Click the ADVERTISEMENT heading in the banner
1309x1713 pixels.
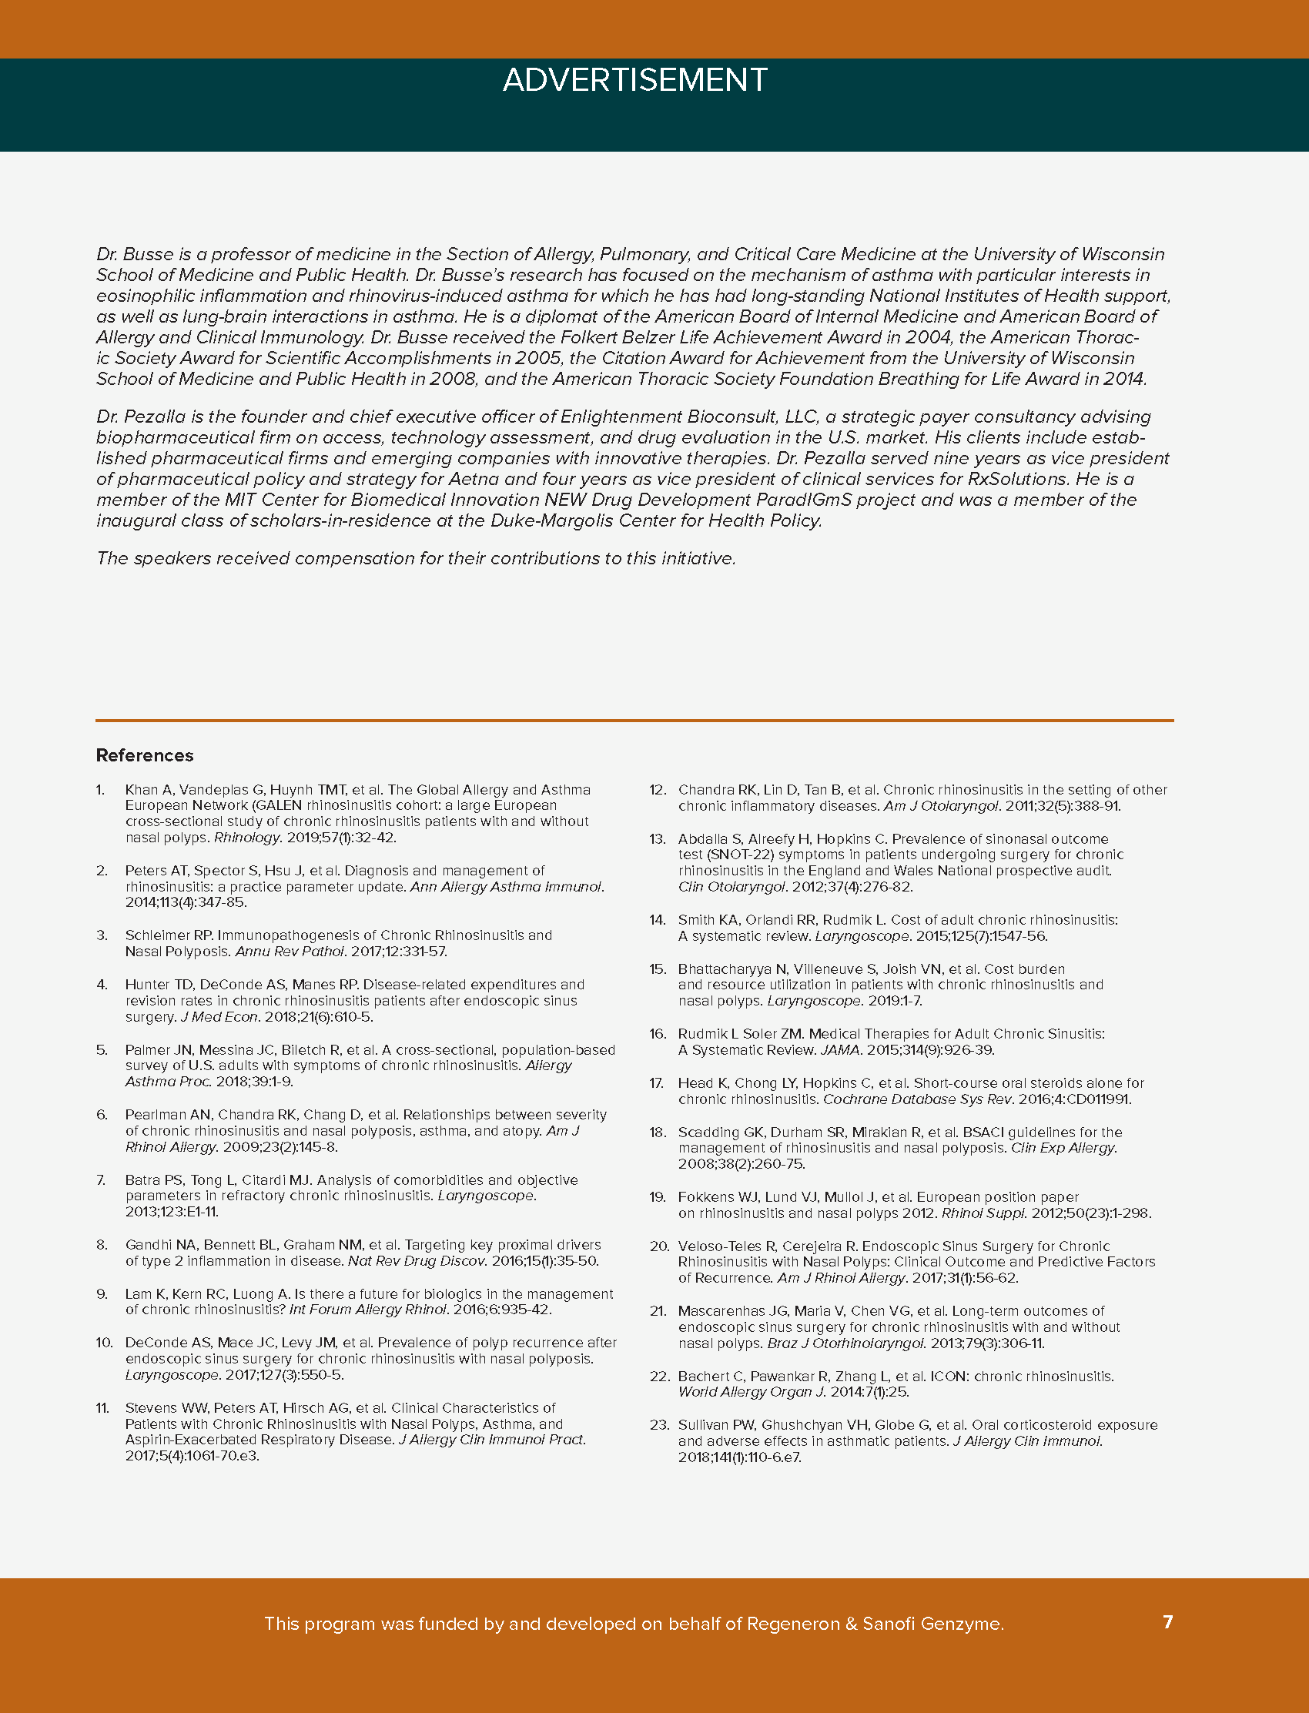635,80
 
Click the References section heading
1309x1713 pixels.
144,754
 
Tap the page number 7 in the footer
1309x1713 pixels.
1167,1622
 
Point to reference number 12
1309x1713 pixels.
658,790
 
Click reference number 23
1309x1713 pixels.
659,1425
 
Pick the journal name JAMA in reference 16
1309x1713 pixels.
839,1050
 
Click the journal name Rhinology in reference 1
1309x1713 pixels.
246,838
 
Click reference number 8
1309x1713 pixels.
102,1245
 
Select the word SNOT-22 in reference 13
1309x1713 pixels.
712,855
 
